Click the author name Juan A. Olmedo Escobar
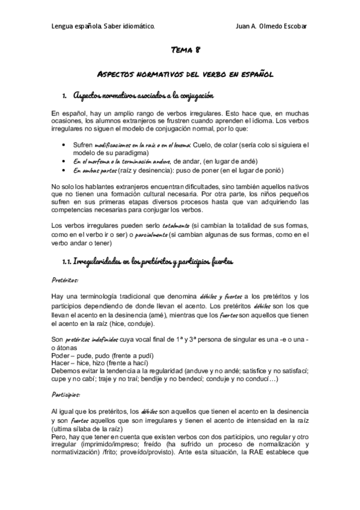(272, 27)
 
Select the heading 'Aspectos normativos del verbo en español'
(185, 75)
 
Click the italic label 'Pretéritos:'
(65, 280)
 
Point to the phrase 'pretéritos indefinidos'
(88, 339)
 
